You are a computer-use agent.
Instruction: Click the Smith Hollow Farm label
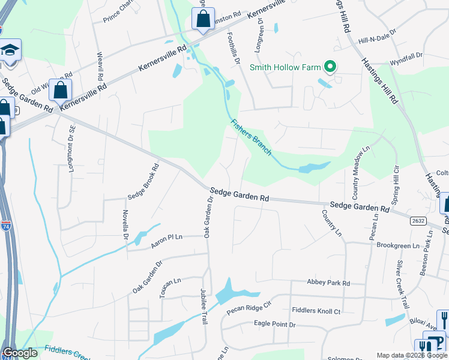(x=285, y=67)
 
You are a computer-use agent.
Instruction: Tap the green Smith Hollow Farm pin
(x=330, y=67)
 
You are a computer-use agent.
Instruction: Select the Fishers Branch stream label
(x=252, y=137)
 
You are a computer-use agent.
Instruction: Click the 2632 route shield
(x=418, y=221)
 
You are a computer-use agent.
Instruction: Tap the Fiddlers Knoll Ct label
(x=316, y=311)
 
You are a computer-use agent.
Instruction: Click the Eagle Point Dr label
(x=275, y=324)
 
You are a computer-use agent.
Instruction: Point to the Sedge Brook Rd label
(x=142, y=182)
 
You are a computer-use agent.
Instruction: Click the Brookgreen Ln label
(x=398, y=246)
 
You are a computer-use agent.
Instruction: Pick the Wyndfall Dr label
(x=405, y=62)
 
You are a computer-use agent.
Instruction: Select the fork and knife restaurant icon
(x=444, y=319)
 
